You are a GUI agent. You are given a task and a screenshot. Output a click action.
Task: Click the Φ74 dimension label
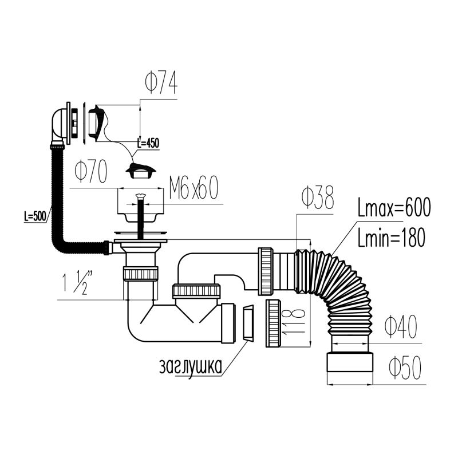coord(161,85)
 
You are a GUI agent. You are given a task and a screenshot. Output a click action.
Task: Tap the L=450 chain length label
coord(148,143)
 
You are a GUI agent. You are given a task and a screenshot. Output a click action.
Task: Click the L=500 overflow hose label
coord(35,217)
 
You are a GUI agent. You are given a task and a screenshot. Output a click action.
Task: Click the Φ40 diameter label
coord(400,327)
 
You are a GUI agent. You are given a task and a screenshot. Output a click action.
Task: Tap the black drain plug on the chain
coord(140,170)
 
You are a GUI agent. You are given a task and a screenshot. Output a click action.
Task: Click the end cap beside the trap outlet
coord(247,323)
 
